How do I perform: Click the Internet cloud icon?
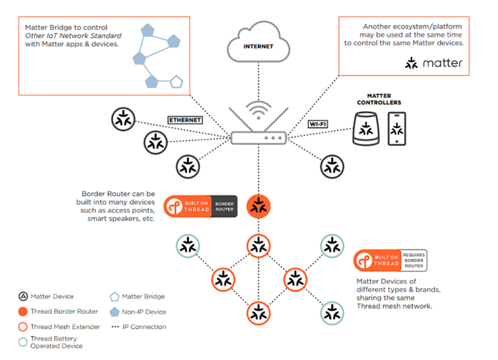(257, 42)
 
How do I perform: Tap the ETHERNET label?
(185, 120)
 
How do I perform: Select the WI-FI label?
(318, 124)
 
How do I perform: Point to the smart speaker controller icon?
(367, 129)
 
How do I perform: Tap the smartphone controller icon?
(397, 129)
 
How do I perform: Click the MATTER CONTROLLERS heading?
(379, 100)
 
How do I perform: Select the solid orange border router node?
(258, 206)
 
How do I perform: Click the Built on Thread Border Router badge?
(200, 206)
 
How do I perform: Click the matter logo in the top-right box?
(434, 63)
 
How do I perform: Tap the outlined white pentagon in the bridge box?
(176, 82)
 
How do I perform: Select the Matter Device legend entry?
(47, 296)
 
